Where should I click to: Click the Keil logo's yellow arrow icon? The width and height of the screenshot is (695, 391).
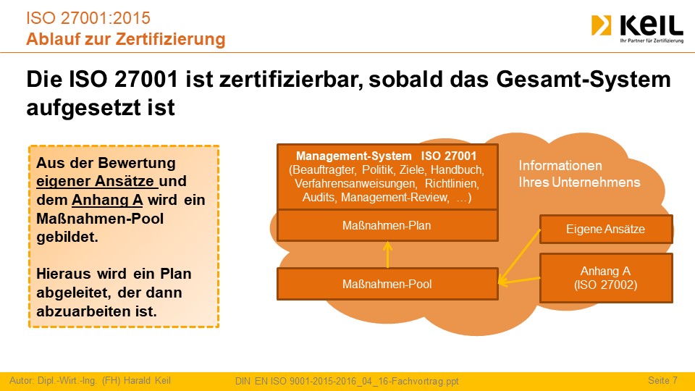[x=601, y=25]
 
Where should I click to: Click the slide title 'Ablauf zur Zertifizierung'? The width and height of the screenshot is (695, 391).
[x=126, y=39]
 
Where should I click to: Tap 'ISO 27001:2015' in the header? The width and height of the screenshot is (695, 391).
[x=88, y=18]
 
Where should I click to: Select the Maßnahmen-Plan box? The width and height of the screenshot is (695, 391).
[x=387, y=226]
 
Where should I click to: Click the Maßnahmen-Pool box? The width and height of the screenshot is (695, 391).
[x=387, y=284]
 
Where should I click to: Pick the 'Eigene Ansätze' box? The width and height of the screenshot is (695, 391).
[x=606, y=230]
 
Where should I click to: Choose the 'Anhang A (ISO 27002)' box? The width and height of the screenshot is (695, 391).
[x=606, y=278]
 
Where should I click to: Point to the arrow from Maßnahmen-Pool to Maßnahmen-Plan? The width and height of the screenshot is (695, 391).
[x=388, y=254]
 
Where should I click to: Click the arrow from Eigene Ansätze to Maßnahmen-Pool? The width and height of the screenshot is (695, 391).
[x=519, y=256]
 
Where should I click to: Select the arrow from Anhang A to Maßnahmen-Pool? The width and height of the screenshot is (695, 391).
[x=519, y=281]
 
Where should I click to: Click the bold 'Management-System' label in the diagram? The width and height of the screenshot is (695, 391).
[x=354, y=156]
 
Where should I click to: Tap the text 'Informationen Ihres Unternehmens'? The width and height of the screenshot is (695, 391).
[x=579, y=174]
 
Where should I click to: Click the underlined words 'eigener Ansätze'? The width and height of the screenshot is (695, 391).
[x=96, y=181]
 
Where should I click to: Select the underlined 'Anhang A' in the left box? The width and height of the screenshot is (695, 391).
[x=107, y=200]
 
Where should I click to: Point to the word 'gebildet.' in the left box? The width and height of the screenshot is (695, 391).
[x=67, y=237]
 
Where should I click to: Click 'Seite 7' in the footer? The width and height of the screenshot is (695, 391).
[x=662, y=380]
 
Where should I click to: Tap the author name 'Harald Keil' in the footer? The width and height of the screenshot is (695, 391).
[x=147, y=380]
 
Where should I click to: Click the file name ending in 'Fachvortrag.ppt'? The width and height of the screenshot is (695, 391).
[x=347, y=381]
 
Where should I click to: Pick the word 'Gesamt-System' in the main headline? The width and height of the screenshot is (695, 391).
[x=584, y=80]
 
